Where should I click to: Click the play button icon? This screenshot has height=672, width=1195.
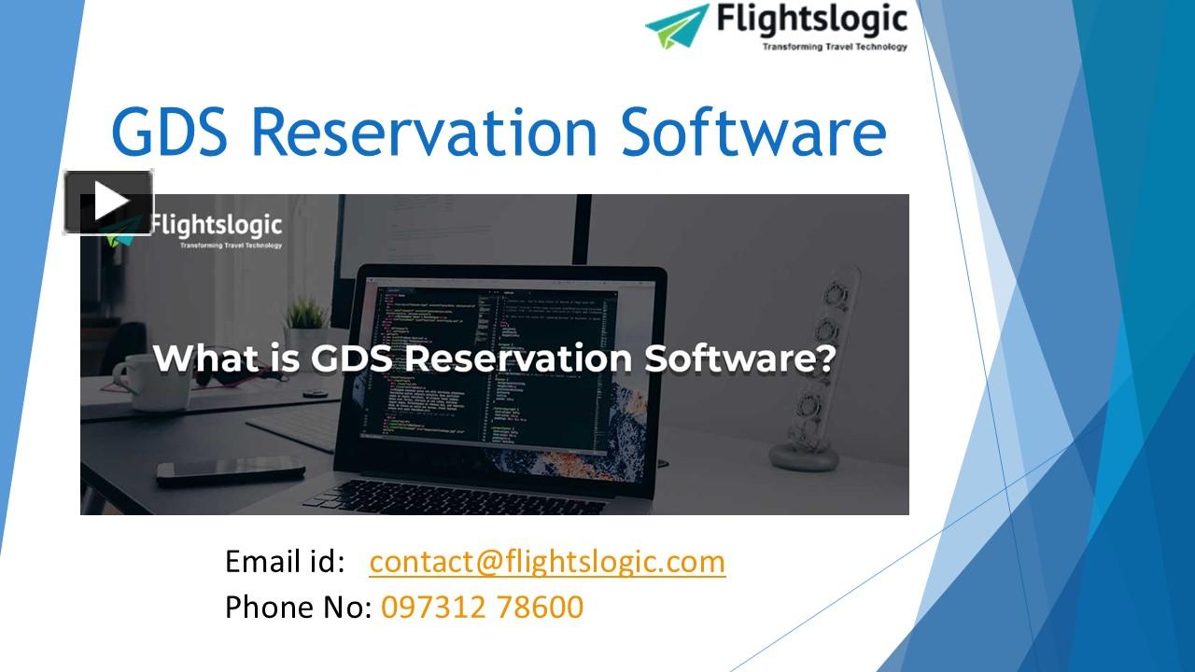[x=108, y=202]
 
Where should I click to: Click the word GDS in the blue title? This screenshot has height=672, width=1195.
[x=169, y=132]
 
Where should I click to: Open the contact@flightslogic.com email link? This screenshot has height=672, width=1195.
[x=547, y=562]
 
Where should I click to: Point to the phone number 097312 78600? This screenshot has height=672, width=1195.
[x=482, y=608]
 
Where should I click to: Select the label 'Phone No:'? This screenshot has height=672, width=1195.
[x=299, y=608]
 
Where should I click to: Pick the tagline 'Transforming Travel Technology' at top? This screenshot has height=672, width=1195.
[x=835, y=46]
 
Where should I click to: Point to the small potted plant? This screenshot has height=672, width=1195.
[x=306, y=322]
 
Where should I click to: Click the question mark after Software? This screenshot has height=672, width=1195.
[x=823, y=358]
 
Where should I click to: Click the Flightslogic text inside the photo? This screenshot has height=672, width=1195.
[x=216, y=226]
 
